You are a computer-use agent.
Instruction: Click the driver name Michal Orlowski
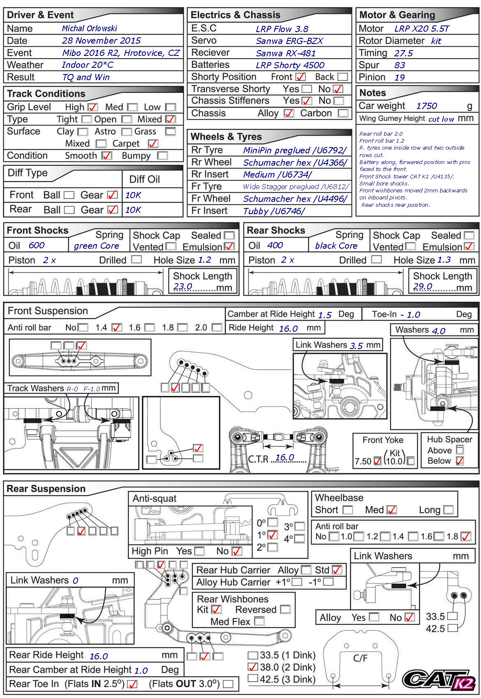pos(89,28)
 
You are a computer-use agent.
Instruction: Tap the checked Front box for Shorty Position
pos(301,77)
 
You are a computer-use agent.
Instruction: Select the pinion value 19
pos(400,77)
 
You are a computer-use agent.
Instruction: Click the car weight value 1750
pos(426,106)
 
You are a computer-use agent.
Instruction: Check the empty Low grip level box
pos(170,107)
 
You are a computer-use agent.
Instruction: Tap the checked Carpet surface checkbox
pos(153,143)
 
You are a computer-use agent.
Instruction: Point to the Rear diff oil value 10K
pos(133,210)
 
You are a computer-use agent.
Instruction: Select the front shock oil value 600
pos(37,245)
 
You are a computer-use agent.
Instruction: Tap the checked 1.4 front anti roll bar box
pos(117,328)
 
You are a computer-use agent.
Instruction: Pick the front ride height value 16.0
pos(288,328)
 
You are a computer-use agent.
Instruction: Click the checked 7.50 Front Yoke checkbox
pos(377,461)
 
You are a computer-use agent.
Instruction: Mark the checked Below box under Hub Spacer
pos(460,461)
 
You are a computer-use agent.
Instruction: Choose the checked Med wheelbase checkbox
pos(392,510)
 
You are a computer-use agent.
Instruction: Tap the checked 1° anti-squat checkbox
pos(272,535)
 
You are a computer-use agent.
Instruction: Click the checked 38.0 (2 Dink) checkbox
pos(253,667)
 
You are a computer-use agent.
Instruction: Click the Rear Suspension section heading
pos(46,489)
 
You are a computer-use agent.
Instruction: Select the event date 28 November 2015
pos(101,41)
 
